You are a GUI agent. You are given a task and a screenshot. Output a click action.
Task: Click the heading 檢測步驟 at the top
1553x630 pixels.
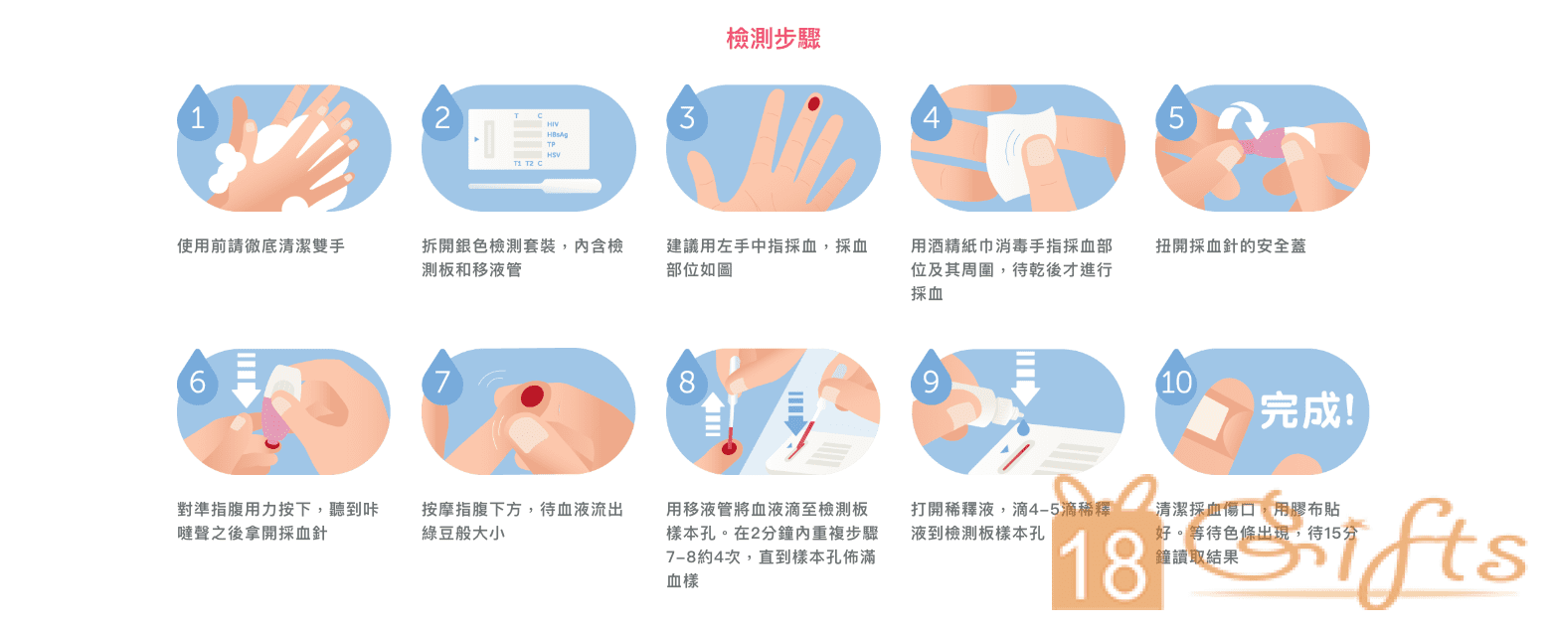click(x=774, y=39)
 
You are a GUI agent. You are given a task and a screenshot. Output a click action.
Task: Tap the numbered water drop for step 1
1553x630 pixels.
click(x=197, y=117)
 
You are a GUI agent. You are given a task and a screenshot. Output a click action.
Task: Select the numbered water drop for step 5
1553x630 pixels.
click(x=1175, y=117)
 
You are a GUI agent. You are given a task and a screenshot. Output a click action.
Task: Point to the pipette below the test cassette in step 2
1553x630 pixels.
click(x=535, y=186)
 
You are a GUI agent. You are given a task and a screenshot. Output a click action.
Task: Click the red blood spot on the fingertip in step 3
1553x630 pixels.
click(x=814, y=102)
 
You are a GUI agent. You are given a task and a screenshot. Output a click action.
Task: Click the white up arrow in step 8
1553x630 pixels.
click(x=712, y=412)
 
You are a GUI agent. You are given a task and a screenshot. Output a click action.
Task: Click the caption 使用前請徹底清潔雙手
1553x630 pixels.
click(x=260, y=245)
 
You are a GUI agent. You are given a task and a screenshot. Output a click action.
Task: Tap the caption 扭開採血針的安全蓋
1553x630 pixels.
click(x=1230, y=245)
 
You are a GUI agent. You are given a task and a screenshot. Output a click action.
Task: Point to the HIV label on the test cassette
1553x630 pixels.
click(x=553, y=124)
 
